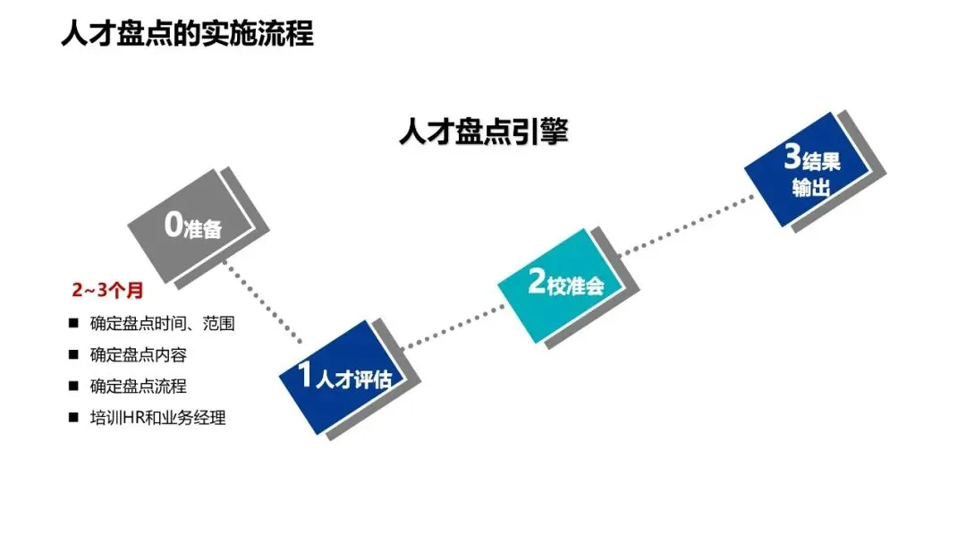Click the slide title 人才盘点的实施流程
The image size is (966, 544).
pos(187,33)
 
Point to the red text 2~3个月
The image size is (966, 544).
pos(107,291)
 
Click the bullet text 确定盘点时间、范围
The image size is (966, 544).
pos(162,324)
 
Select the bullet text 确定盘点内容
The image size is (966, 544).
pos(138,355)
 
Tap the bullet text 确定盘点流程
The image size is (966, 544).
pos(138,387)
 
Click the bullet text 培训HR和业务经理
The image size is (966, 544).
pos(157,418)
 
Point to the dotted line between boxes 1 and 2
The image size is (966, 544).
pos(452,328)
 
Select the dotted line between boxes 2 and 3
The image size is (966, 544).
pos(684,224)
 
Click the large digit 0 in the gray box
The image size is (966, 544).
pos(174,225)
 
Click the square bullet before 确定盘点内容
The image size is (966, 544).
pos(73,355)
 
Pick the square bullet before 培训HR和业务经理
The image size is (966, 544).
pos(73,418)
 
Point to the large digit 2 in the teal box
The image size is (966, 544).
pos(537,283)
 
